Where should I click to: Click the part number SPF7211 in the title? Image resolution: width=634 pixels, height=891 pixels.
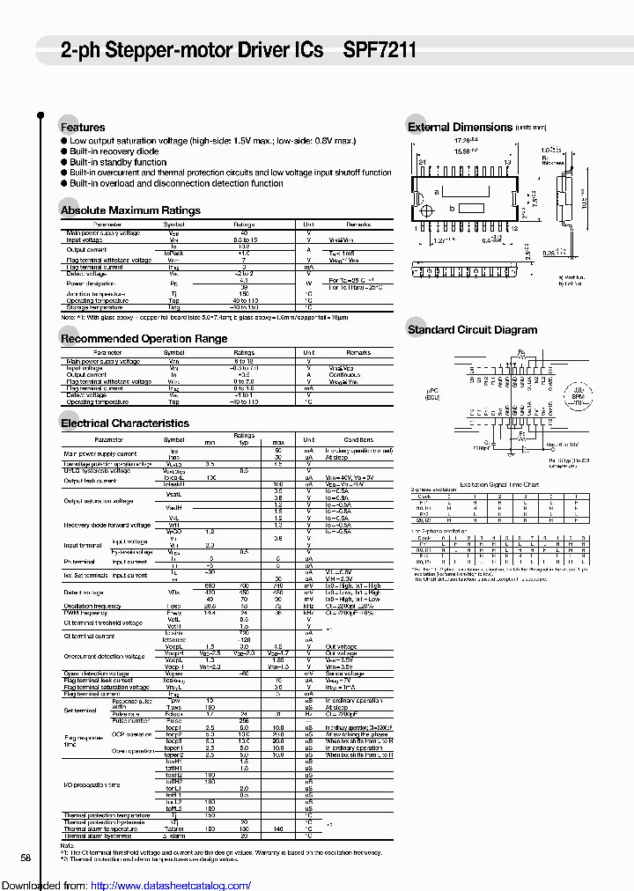click(x=380, y=51)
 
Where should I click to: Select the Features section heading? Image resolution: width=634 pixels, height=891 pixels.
click(x=82, y=128)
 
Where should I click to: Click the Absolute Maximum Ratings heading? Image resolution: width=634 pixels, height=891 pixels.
click(x=129, y=210)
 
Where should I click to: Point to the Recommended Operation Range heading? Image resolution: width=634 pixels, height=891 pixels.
click(x=144, y=339)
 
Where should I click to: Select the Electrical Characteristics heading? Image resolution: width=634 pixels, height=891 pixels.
click(x=124, y=423)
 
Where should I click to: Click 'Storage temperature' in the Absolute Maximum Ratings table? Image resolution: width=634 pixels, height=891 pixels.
click(x=92, y=307)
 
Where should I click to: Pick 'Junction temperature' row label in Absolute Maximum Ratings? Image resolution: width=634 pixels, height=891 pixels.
click(x=92, y=294)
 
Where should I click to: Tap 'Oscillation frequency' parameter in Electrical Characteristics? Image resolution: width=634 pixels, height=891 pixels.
click(x=92, y=606)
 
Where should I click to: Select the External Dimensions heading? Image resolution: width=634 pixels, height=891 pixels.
click(x=460, y=128)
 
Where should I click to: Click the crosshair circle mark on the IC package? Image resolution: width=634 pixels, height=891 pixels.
click(x=429, y=212)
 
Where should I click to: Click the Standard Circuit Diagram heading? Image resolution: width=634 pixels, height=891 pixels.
click(x=472, y=330)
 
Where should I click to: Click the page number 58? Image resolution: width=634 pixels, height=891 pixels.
click(x=26, y=858)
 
